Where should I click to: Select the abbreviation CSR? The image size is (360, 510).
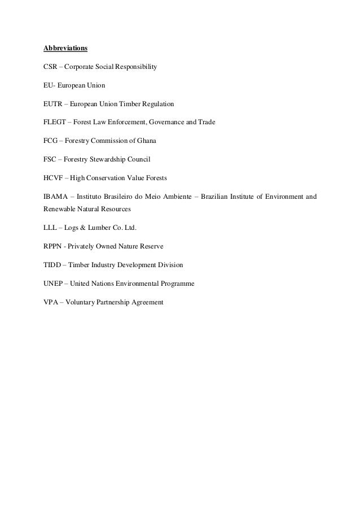[x=51, y=68]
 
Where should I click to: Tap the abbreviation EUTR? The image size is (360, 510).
[x=53, y=104]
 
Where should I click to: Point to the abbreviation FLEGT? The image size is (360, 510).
[x=55, y=122]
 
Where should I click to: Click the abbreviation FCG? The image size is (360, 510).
[x=51, y=140]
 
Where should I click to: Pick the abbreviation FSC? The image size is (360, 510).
[x=50, y=159]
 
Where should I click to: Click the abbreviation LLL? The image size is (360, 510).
[x=51, y=228]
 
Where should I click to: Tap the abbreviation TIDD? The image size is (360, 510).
[x=52, y=264]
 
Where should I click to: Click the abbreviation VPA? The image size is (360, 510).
[x=51, y=302]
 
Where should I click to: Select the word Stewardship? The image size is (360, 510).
[x=112, y=159]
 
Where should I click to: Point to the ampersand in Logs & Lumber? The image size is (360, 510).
[x=85, y=228]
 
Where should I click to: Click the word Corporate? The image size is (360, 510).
[x=81, y=68]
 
